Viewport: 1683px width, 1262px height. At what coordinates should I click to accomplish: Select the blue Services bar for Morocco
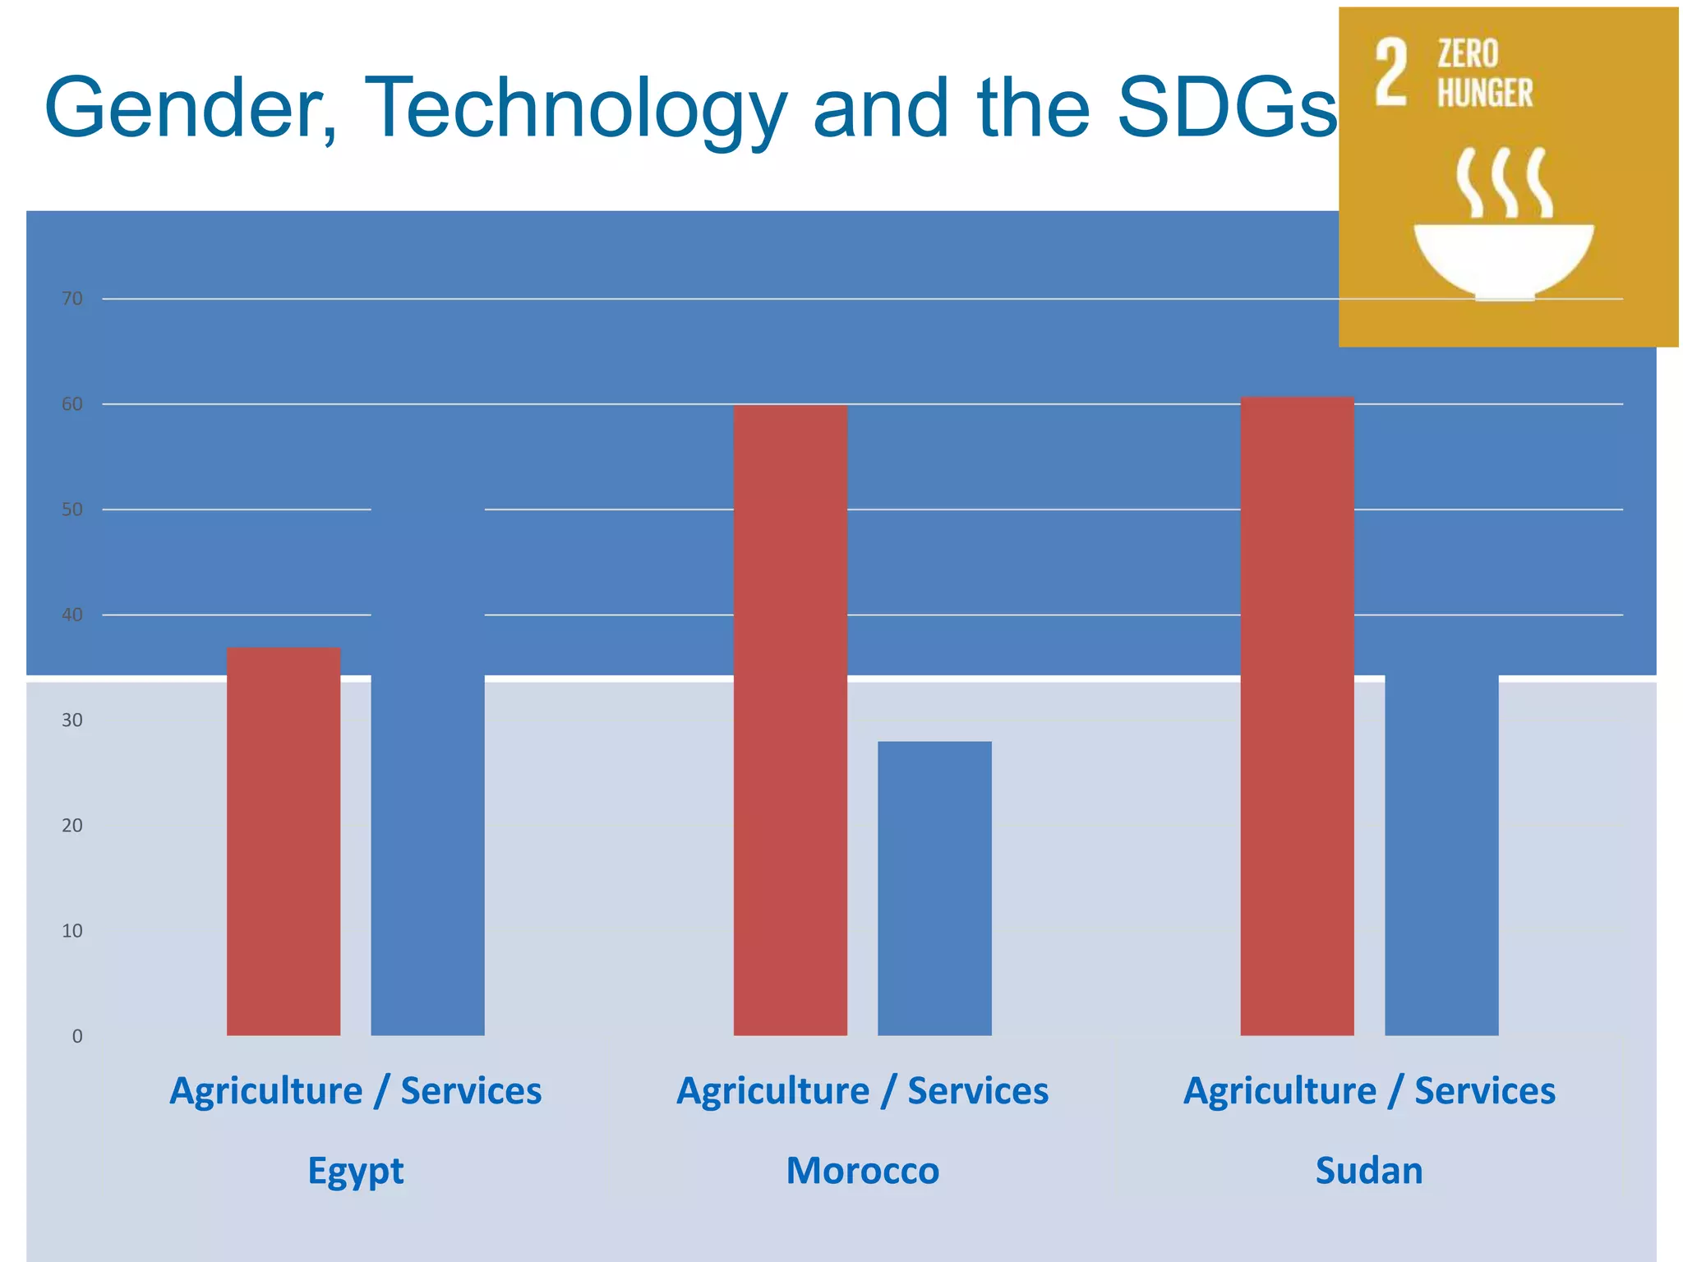pyautogui.click(x=934, y=887)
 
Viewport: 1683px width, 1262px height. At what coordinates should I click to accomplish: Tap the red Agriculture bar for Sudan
pyautogui.click(x=1297, y=715)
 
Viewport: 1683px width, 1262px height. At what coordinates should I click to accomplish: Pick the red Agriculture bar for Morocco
pyautogui.click(x=790, y=719)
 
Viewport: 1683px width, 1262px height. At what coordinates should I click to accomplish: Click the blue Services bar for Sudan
pyautogui.click(x=1441, y=854)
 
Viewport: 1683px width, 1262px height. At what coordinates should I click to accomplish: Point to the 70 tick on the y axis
pyautogui.click(x=72, y=299)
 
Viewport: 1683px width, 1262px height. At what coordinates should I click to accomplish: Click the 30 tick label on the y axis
pyautogui.click(x=72, y=721)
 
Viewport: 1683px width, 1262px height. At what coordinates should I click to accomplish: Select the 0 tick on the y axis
pyautogui.click(x=77, y=1036)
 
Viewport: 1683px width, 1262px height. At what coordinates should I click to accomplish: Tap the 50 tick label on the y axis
pyautogui.click(x=72, y=509)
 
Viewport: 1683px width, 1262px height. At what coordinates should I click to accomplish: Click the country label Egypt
pyautogui.click(x=356, y=1171)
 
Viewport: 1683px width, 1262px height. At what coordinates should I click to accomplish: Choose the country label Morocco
pyautogui.click(x=862, y=1170)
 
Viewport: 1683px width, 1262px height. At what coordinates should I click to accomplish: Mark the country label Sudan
pyautogui.click(x=1369, y=1170)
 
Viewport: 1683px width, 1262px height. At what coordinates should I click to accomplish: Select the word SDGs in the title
pyautogui.click(x=1228, y=109)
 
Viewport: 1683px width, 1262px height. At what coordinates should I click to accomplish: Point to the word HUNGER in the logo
pyautogui.click(x=1485, y=93)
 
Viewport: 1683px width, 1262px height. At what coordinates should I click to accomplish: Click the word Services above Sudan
pyautogui.click(x=1484, y=1091)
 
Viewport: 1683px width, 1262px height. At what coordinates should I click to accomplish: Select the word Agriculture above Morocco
pyautogui.click(x=772, y=1092)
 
